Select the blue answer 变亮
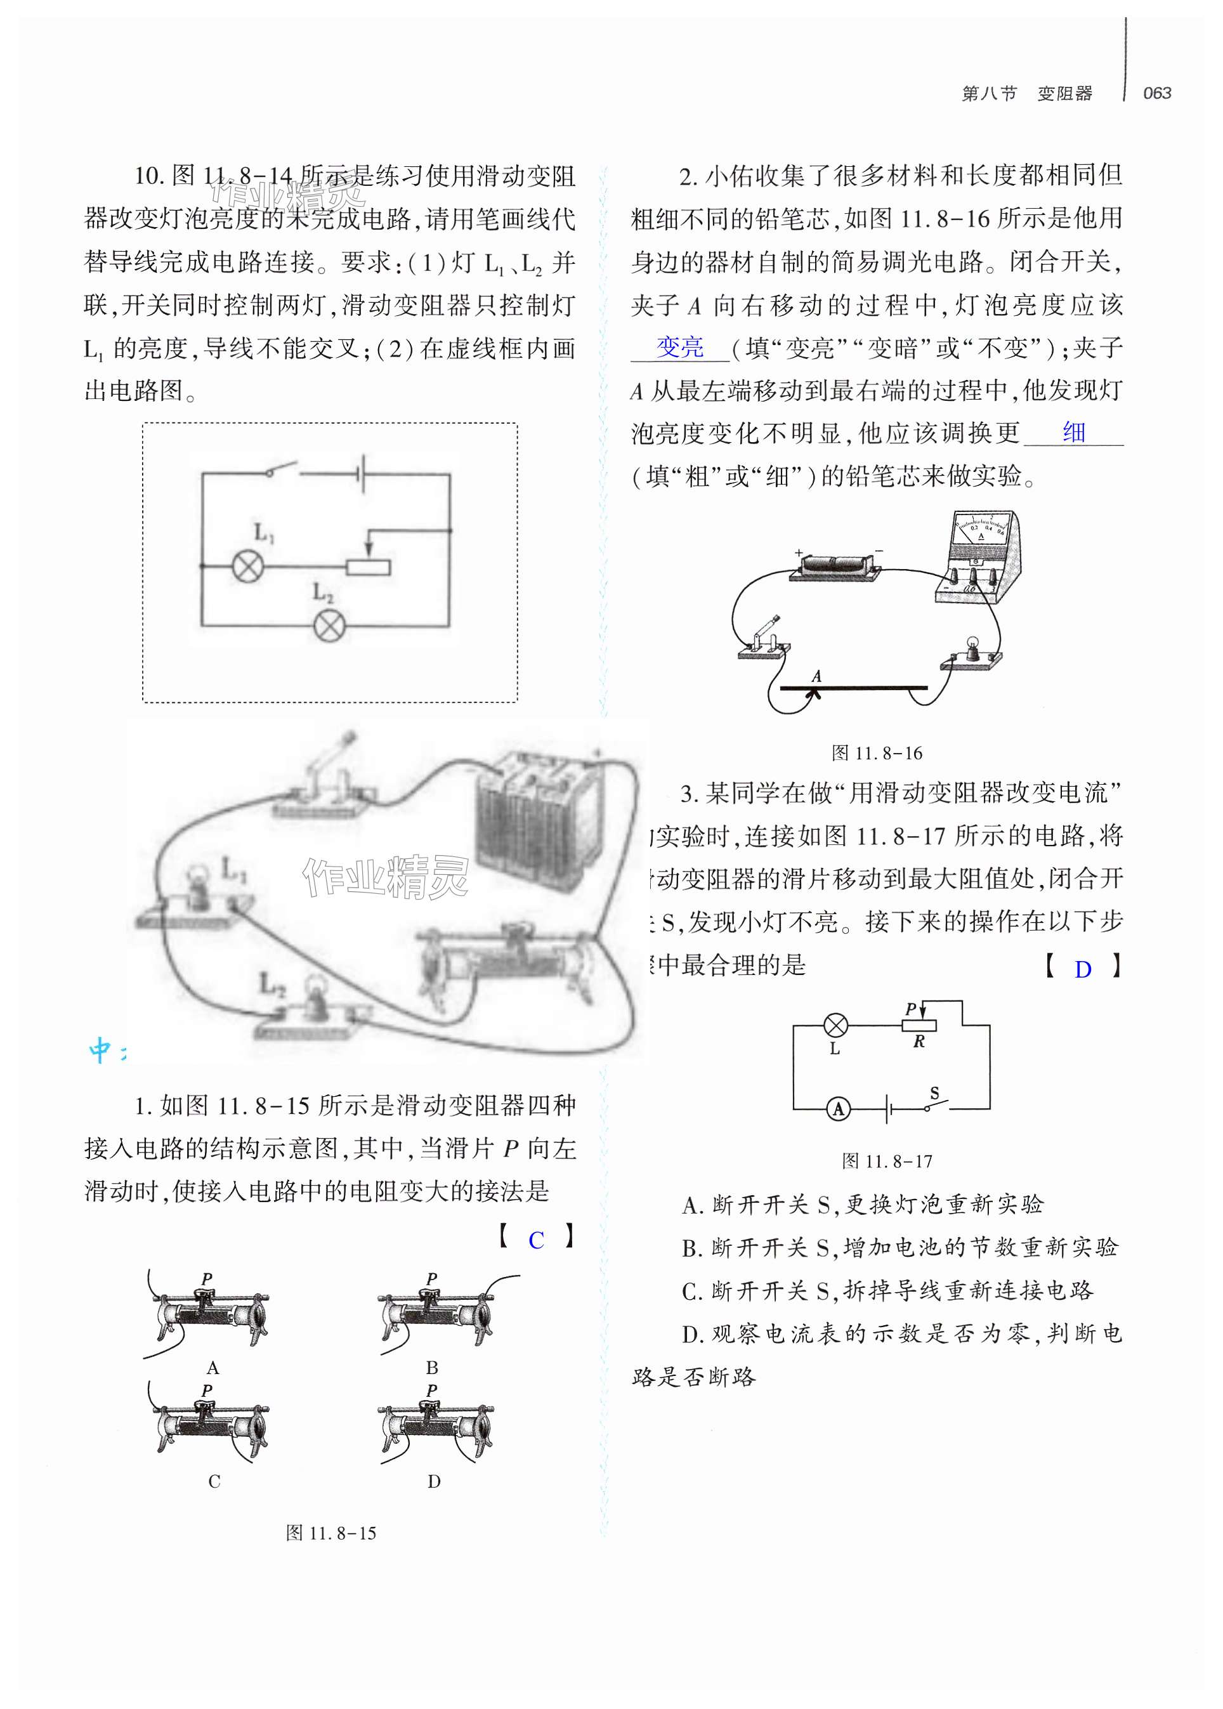tap(680, 347)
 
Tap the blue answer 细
tap(1074, 433)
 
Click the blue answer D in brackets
tap(1082, 969)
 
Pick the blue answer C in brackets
tap(535, 1240)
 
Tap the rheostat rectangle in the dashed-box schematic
tap(367, 566)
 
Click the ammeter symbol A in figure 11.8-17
tap(838, 1109)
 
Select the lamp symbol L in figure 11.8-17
tap(836, 1025)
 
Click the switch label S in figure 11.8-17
tap(934, 1093)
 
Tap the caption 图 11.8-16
tap(877, 753)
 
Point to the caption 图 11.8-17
tap(887, 1161)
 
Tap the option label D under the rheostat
tap(434, 1481)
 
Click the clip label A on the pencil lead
tap(816, 676)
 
